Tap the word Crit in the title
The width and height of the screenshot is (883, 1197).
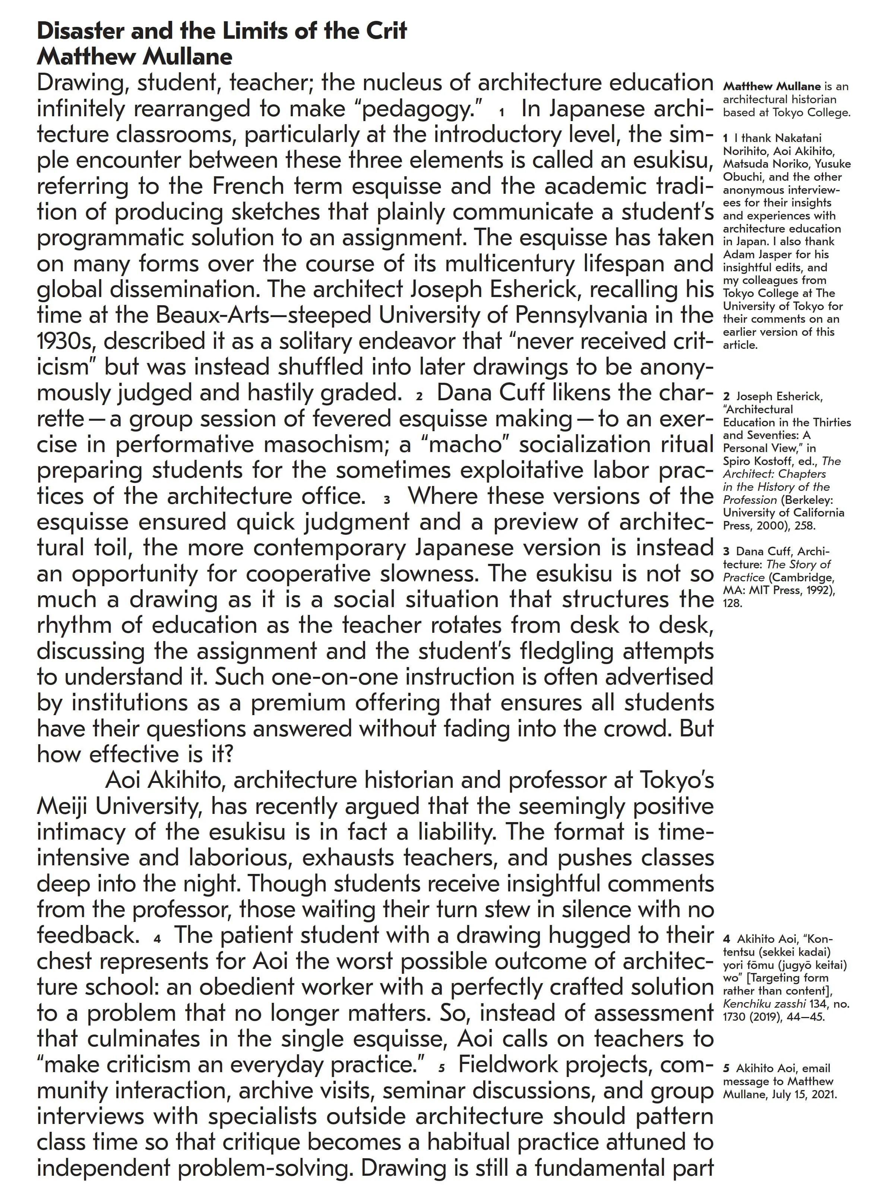(x=386, y=31)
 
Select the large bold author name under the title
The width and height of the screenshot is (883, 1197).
(x=135, y=57)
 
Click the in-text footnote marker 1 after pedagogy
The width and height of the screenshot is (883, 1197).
(x=501, y=112)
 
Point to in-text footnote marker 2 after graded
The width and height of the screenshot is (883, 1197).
(x=419, y=396)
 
